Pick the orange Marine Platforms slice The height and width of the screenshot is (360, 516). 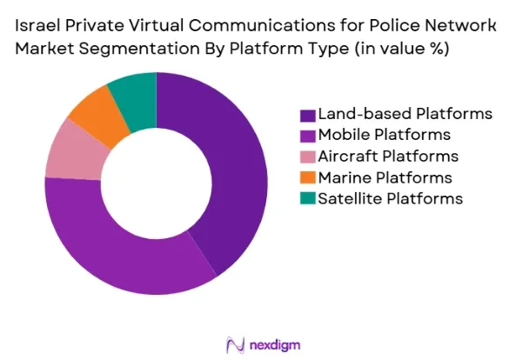(98, 113)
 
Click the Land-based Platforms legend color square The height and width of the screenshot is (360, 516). (308, 116)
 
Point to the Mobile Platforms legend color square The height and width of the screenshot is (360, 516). (308, 136)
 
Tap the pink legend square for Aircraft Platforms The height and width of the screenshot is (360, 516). (308, 157)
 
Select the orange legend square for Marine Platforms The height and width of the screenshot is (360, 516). (308, 178)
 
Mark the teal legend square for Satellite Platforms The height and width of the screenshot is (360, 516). (308, 198)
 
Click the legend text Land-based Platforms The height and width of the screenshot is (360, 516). (405, 114)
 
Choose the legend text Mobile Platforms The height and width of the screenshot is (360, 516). (385, 135)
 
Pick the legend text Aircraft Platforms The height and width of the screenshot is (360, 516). (388, 157)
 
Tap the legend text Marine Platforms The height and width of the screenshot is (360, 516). (385, 177)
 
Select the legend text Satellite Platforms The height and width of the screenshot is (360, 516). (391, 198)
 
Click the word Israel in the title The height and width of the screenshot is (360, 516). (37, 25)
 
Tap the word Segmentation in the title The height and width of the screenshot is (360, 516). (139, 49)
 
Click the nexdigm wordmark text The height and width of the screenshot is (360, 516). (275, 345)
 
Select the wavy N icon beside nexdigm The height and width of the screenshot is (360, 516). (236, 345)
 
